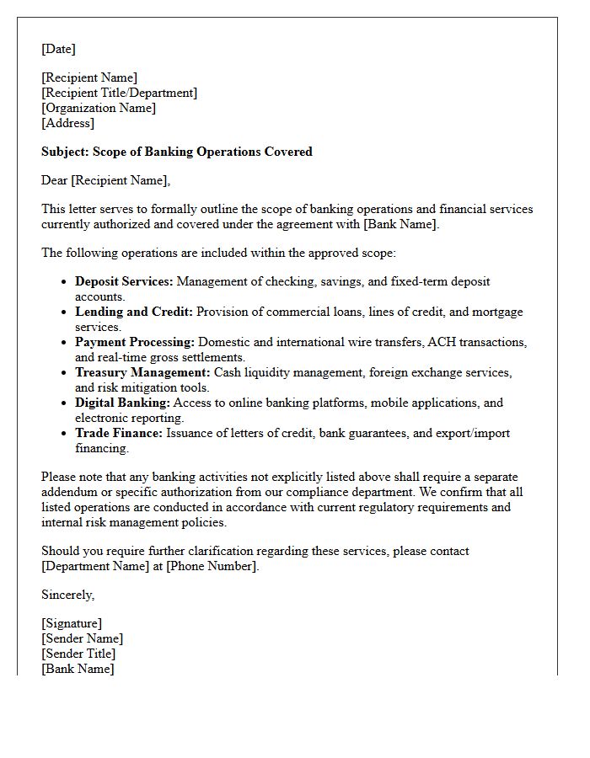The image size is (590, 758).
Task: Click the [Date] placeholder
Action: [x=58, y=49]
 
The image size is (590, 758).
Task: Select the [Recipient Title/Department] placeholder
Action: [x=119, y=93]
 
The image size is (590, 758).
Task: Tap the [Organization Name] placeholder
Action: [x=99, y=108]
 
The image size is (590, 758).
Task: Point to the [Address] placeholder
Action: [x=67, y=123]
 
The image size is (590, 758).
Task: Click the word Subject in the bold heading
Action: [x=64, y=152]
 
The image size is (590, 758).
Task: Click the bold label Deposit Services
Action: [x=124, y=281]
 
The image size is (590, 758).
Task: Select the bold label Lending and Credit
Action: [x=134, y=312]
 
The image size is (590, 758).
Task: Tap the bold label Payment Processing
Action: [x=135, y=342]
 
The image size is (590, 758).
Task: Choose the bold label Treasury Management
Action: [x=142, y=372]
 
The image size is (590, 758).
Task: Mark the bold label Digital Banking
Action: [x=122, y=403]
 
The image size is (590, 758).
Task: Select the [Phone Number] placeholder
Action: [x=211, y=566]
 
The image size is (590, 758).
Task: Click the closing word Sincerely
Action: [x=67, y=595]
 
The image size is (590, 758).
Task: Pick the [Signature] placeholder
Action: [x=72, y=623]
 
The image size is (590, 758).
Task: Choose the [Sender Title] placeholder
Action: [x=78, y=654]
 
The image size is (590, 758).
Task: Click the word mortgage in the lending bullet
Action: [x=497, y=312]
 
